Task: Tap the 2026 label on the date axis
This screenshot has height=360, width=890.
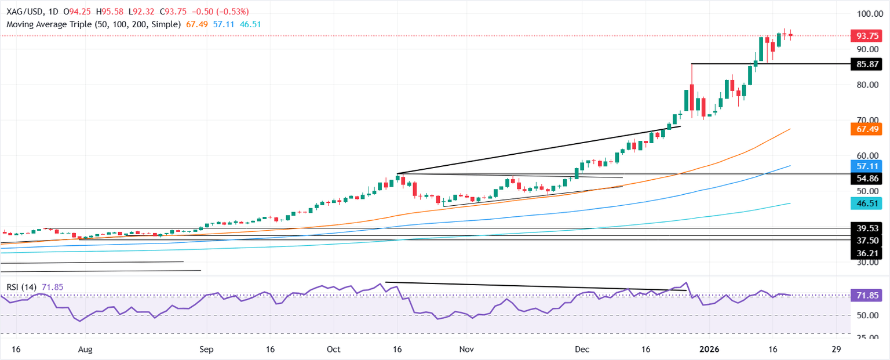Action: (x=709, y=350)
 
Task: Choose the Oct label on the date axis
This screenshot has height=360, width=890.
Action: (x=333, y=350)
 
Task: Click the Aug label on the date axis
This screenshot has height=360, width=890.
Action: (x=85, y=350)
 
